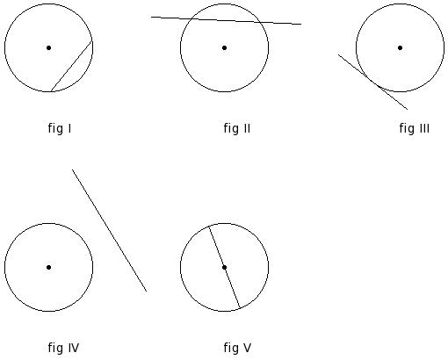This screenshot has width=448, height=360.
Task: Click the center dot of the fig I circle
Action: click(x=48, y=47)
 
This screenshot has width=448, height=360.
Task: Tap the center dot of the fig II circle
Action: click(x=224, y=47)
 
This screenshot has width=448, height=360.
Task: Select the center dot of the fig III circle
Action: click(x=400, y=47)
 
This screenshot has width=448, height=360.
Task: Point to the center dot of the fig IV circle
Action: click(x=48, y=267)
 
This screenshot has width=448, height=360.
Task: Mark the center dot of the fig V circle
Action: click(x=224, y=267)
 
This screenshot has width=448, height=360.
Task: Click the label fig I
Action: click(x=60, y=128)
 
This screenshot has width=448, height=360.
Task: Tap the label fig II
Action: click(x=237, y=128)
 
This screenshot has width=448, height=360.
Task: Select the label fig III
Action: click(x=415, y=128)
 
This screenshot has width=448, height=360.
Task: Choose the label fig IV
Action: click(x=63, y=348)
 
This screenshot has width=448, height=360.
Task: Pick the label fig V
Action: click(x=237, y=348)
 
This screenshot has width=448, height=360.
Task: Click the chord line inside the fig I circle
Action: click(x=72, y=66)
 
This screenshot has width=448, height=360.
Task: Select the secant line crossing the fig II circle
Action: click(x=226, y=20)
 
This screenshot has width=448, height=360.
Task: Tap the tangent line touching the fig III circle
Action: click(x=372, y=82)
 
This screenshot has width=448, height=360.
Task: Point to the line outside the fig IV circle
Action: click(x=109, y=230)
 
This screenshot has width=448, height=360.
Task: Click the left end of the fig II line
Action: click(x=151, y=17)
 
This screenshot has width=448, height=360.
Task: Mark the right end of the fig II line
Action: click(x=301, y=24)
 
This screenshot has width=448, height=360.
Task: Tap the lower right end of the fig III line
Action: click(x=408, y=110)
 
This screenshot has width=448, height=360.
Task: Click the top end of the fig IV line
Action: click(x=72, y=169)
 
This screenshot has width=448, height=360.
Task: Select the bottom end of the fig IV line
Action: click(x=147, y=292)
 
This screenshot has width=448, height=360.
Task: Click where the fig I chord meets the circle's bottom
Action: click(x=51, y=91)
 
